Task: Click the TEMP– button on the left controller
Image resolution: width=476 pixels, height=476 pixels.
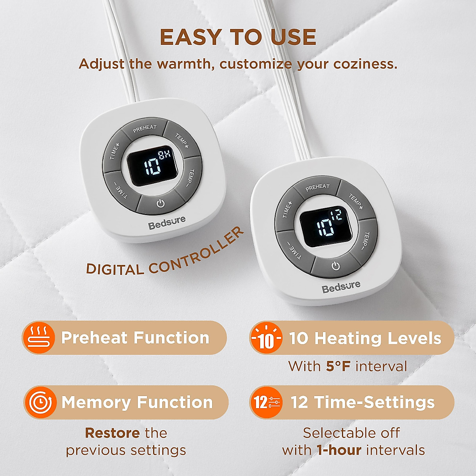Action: pos(192,177)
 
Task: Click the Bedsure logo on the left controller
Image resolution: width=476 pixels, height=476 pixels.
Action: pos(167,223)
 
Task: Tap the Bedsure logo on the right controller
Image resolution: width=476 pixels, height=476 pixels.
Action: pos(341,286)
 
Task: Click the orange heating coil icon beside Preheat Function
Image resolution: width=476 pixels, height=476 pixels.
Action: pos(38,338)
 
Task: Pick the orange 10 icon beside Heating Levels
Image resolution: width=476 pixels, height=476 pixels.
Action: pos(266,338)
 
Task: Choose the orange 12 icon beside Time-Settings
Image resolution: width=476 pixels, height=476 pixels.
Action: pos(266,402)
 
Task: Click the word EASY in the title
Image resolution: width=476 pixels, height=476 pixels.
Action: pos(190,38)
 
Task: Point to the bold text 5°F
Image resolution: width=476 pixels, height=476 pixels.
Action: pos(338,366)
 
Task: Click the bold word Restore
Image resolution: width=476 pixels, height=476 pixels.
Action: pos(112,433)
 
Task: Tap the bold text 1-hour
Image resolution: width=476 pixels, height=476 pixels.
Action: pos(339,450)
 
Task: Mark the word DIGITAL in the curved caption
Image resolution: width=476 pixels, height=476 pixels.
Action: pos(115,269)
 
